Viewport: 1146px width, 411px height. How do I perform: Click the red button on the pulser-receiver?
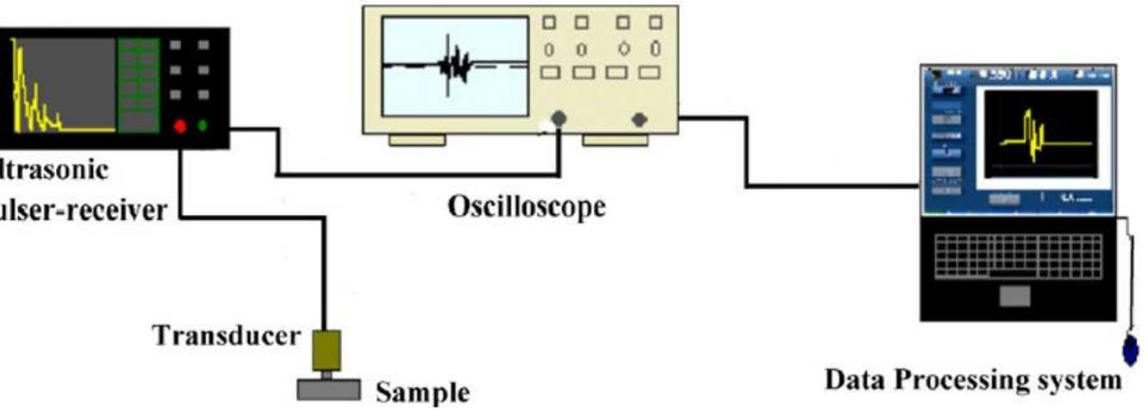179,127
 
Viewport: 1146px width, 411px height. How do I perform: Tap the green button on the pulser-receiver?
203,127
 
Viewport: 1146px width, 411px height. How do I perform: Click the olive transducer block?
326,350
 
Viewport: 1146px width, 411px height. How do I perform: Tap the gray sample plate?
328,389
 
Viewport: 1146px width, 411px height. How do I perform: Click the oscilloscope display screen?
455,66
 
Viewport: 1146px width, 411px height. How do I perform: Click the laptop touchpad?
1015,296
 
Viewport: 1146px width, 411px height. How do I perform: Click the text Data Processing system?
973,381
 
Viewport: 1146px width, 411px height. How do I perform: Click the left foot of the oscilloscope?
416,141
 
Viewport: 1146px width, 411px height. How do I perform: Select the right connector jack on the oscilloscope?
638,120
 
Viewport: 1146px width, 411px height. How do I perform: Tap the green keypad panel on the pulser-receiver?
137,84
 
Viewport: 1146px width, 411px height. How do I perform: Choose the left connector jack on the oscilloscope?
559,119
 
